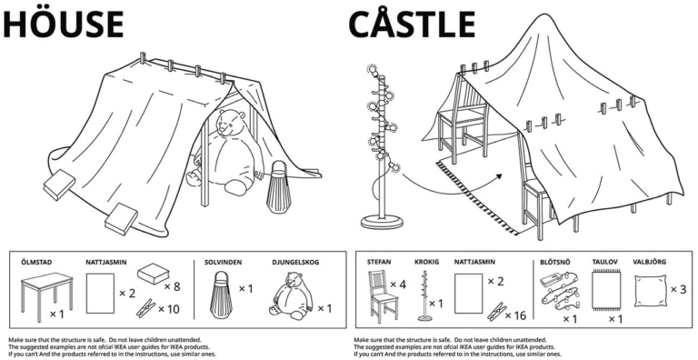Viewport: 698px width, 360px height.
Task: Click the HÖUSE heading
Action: pos(64,24)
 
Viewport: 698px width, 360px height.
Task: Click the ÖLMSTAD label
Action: pos(35,262)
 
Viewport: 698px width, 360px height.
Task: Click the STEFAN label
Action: pos(380,262)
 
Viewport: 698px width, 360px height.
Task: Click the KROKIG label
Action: pos(427,262)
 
